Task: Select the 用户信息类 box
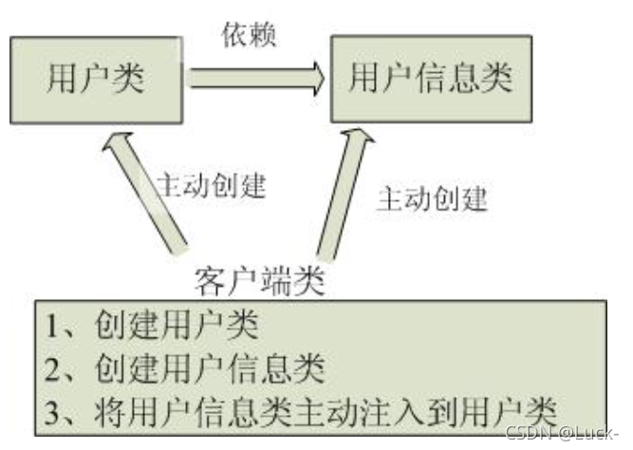pos(427,77)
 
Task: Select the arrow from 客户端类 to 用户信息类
pos(341,195)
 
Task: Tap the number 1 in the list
pos(53,326)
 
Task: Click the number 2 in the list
pos(53,368)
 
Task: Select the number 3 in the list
pos(53,410)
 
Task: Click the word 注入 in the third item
pos(408,410)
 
